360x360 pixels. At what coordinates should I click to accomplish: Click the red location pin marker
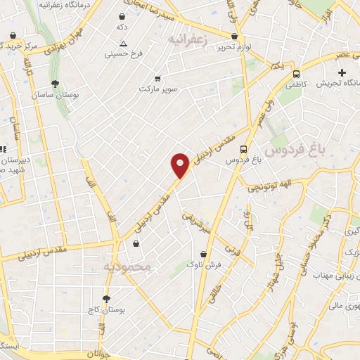(181, 165)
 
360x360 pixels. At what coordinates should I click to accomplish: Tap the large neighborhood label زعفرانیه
(191, 39)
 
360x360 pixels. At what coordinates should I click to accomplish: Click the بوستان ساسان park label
(55, 94)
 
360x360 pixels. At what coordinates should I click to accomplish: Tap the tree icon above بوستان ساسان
(56, 83)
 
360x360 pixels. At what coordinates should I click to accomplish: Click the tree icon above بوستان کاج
(107, 298)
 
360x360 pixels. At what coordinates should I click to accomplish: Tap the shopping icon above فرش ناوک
(204, 254)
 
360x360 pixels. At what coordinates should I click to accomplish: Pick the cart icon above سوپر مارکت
(157, 79)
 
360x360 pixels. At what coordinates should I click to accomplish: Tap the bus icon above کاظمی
(296, 73)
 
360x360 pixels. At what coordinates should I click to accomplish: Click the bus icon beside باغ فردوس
(243, 149)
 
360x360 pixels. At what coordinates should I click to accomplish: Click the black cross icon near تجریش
(342, 72)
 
